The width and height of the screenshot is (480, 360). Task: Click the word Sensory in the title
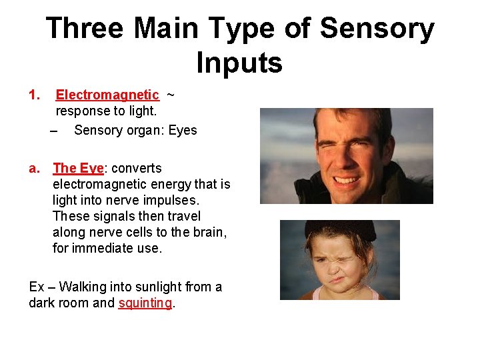point(377,29)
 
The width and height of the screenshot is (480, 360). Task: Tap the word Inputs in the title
point(239,63)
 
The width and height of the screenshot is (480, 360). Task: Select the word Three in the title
point(85,29)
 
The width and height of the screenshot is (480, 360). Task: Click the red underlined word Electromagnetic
point(107,95)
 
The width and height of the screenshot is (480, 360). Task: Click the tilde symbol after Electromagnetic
point(170,95)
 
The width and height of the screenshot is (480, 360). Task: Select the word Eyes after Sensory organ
point(183,131)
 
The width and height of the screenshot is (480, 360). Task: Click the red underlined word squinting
point(145,303)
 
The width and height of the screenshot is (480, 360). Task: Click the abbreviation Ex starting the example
point(37,287)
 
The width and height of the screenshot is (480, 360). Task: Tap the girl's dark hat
point(340,231)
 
